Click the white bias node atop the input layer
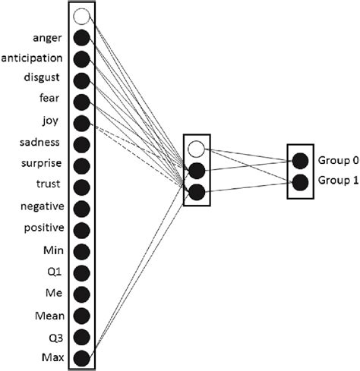pyautogui.click(x=82, y=16)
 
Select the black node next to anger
pyautogui.click(x=82, y=37)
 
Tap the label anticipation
pyautogui.click(x=36, y=58)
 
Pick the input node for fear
pyautogui.click(x=82, y=102)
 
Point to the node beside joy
pyautogui.click(x=82, y=123)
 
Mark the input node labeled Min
pyautogui.click(x=82, y=251)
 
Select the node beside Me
pyautogui.click(x=82, y=294)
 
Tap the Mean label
pyautogui.click(x=52, y=315)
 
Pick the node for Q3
pyautogui.click(x=82, y=336)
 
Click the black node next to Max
pyautogui.click(x=82, y=357)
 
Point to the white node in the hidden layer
pyautogui.click(x=197, y=148)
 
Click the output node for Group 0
pyautogui.click(x=299, y=160)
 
